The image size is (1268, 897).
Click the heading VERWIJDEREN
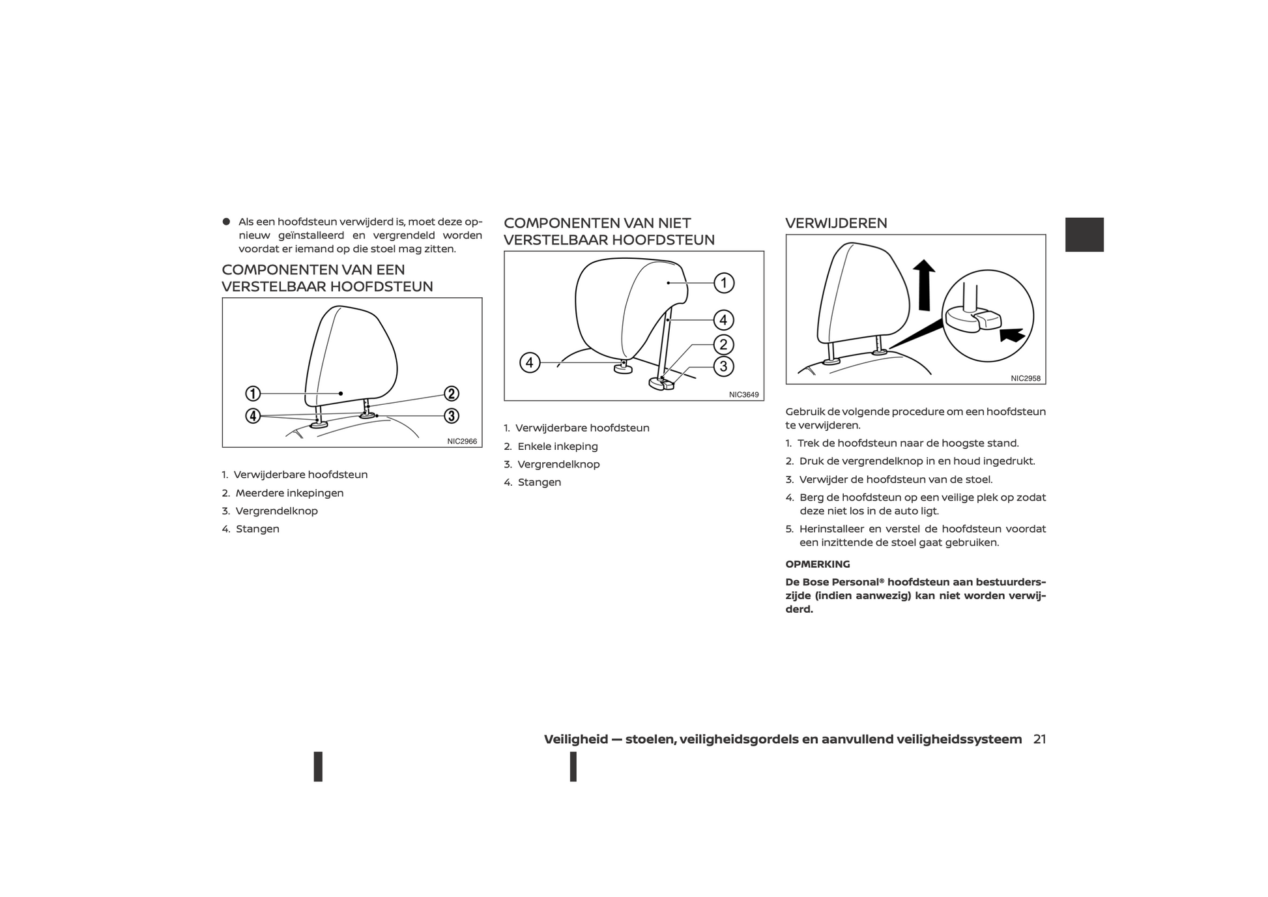[x=836, y=224]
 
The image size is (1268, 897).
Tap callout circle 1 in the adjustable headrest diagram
[x=253, y=394]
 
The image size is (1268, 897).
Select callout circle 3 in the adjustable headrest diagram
[x=452, y=416]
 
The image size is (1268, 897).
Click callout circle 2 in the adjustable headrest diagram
[x=452, y=394]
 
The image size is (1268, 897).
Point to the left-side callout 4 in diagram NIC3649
[x=530, y=362]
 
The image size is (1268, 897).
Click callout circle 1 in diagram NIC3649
[x=724, y=283]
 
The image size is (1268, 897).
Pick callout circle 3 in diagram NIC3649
[x=723, y=366]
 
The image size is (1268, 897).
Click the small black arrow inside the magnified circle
[x=1013, y=334]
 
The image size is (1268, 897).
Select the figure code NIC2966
[x=462, y=441]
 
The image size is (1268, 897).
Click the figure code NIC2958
[x=1026, y=378]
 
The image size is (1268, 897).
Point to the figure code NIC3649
[x=743, y=394]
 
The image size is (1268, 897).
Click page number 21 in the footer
[x=1039, y=739]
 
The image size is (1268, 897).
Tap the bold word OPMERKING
[x=818, y=565]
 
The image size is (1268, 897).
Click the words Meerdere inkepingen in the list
[x=289, y=493]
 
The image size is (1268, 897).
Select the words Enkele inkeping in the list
[x=558, y=447]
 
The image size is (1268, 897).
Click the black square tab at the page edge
[x=1084, y=235]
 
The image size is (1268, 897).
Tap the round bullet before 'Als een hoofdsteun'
[x=227, y=222]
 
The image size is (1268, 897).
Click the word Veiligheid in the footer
[x=576, y=739]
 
